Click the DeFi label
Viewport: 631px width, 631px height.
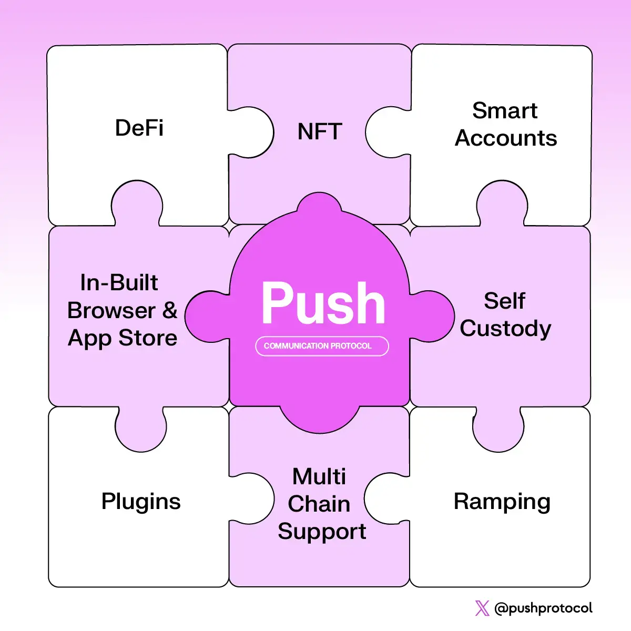(x=139, y=128)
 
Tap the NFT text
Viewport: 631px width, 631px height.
(x=320, y=131)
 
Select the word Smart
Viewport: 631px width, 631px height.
(x=504, y=111)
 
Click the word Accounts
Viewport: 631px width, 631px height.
(x=506, y=138)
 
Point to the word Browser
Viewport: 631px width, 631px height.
(x=111, y=310)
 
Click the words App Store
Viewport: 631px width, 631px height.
(x=123, y=338)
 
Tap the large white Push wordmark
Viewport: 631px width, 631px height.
(x=323, y=303)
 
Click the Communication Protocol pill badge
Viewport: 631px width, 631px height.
(x=322, y=346)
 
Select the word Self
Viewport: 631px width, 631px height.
(x=504, y=301)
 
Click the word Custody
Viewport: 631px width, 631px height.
(x=505, y=329)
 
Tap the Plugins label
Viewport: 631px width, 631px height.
(x=141, y=502)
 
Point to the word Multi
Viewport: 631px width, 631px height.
(x=319, y=476)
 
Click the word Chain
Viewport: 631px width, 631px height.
(x=319, y=504)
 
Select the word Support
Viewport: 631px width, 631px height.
(x=322, y=531)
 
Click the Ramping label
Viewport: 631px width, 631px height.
(x=502, y=502)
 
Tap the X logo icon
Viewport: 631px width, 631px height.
(x=482, y=608)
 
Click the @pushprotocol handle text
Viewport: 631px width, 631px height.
(x=543, y=608)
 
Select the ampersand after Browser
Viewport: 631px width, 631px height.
(x=169, y=310)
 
